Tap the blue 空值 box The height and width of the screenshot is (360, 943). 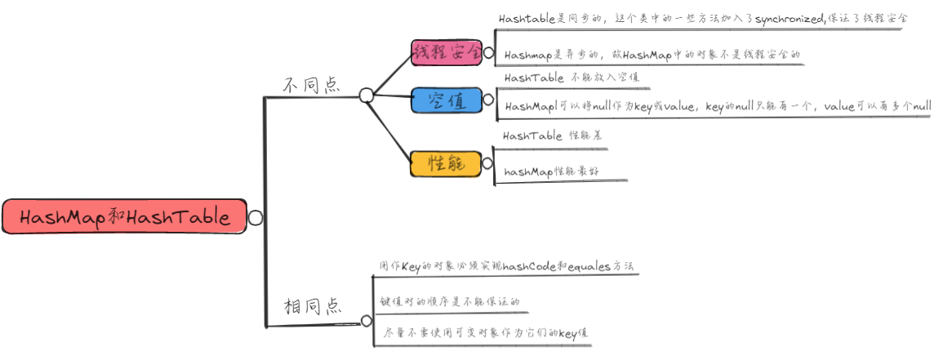(x=447, y=101)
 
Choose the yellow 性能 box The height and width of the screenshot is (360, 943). (x=447, y=163)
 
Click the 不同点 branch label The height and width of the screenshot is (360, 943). (x=311, y=85)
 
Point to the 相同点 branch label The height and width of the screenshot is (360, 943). (x=312, y=307)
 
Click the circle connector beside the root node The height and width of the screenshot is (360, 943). (x=256, y=218)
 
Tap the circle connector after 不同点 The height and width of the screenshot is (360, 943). (x=367, y=96)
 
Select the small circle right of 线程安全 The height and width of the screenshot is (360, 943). (x=488, y=54)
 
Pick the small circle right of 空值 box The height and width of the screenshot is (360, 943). (x=488, y=100)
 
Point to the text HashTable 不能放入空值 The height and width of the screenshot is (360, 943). (x=572, y=78)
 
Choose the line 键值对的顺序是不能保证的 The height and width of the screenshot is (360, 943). (x=450, y=301)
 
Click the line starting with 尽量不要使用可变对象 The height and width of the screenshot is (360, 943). (x=486, y=334)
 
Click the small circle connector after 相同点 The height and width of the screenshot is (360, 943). (x=366, y=321)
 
